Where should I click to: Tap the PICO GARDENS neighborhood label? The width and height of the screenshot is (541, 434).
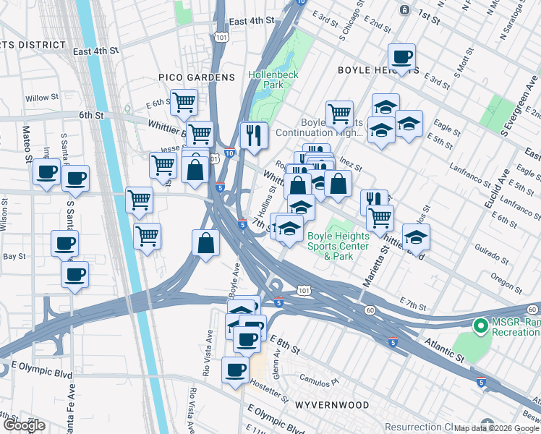197,77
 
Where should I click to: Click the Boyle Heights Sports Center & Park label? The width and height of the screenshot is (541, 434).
337,246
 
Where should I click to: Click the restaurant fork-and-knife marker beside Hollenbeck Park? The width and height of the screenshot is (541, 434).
254,135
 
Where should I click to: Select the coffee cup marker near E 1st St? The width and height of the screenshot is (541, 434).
401,56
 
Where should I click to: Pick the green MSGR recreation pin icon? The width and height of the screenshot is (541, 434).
479,326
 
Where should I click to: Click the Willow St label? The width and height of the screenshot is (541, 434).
42,98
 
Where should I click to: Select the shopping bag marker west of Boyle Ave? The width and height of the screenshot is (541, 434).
206,243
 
